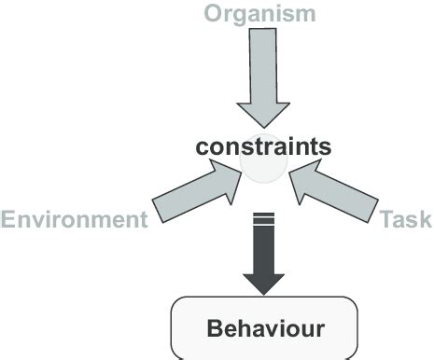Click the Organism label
260,13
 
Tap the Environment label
74,220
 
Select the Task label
406,219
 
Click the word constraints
262,147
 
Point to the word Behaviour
265,328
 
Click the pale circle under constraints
263,169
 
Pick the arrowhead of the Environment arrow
225,178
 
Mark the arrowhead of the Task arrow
303,178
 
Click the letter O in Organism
213,13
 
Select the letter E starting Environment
8,220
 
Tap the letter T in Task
386,219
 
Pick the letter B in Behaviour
213,328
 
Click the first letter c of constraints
202,148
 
